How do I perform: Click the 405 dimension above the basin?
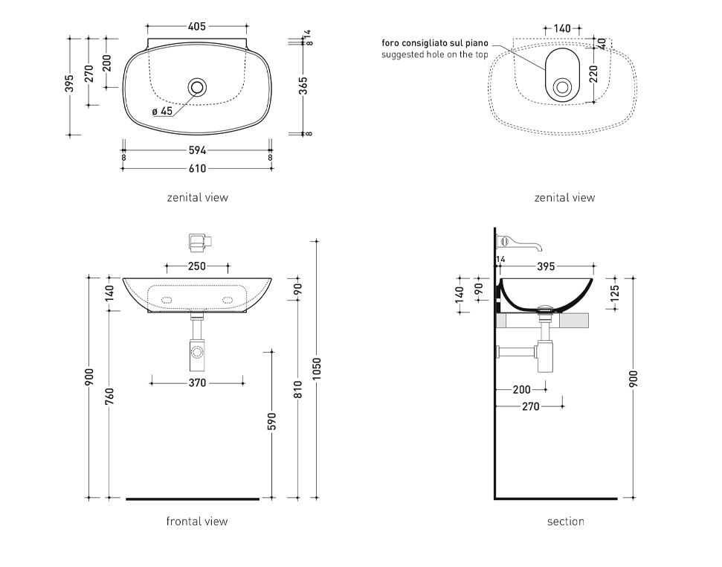click(197, 27)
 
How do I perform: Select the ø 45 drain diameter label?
click(162, 111)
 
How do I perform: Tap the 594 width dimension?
click(197, 150)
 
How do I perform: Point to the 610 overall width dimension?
click(197, 169)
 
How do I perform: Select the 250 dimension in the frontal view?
click(197, 266)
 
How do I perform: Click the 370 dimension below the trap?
click(197, 383)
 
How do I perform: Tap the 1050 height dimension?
click(317, 370)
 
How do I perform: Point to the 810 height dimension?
click(297, 389)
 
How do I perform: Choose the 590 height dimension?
click(272, 421)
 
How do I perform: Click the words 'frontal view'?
click(197, 522)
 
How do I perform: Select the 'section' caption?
click(565, 522)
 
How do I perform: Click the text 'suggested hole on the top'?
click(435, 55)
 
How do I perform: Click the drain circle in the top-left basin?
click(197, 87)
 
